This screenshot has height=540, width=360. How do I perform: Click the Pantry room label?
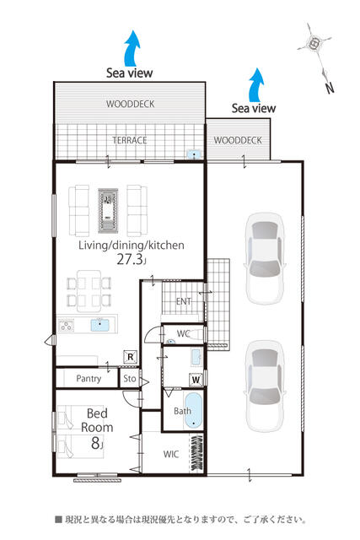click(89, 379)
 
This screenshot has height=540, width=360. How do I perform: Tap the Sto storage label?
click(129, 379)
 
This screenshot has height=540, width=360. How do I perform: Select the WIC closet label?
click(171, 454)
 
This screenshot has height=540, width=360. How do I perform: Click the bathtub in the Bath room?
click(193, 410)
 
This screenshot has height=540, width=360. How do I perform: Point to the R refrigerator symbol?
click(131, 357)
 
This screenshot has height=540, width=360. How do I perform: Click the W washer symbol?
click(196, 380)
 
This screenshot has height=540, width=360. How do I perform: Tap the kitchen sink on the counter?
click(100, 325)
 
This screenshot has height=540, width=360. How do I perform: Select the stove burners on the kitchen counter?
click(66, 325)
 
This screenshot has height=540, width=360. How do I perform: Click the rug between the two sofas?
click(108, 210)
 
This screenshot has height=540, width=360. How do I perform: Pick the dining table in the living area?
click(89, 291)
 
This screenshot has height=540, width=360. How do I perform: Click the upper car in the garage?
click(265, 258)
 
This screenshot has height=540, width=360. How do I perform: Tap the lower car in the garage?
click(265, 386)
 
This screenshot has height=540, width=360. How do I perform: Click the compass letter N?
click(330, 88)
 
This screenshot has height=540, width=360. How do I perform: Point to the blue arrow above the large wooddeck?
click(132, 48)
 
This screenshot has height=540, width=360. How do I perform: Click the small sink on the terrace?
click(195, 154)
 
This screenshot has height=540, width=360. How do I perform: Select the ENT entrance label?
click(184, 301)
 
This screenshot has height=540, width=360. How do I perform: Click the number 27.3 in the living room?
click(129, 259)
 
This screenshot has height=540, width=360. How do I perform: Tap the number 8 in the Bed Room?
click(95, 443)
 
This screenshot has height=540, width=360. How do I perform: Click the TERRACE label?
click(130, 140)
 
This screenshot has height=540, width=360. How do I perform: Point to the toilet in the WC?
click(196, 334)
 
